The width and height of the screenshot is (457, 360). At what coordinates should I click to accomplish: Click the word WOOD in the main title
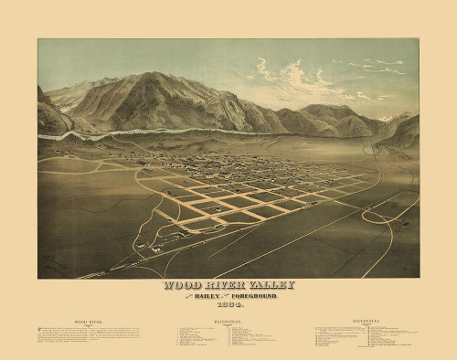pyautogui.click(x=180, y=285)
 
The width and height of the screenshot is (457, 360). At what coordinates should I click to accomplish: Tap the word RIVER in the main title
pyautogui.click(x=225, y=285)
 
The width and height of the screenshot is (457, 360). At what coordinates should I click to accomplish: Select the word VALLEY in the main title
pyautogui.click(x=275, y=285)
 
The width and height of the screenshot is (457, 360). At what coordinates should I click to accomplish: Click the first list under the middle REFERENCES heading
pyautogui.click(x=197, y=340)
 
